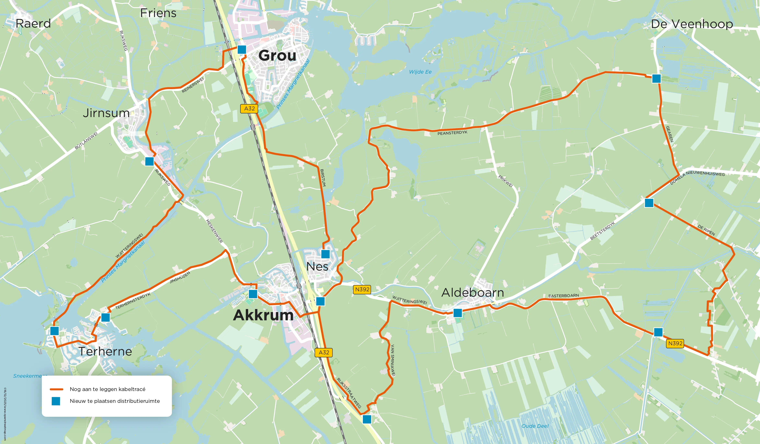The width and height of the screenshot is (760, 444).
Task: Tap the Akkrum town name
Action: [x=263, y=315]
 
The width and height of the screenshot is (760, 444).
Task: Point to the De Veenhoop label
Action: [x=692, y=24]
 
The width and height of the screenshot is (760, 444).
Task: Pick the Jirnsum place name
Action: [x=106, y=113]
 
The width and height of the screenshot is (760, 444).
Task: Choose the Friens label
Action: [x=158, y=13]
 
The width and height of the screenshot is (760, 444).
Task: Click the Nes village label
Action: [x=317, y=266]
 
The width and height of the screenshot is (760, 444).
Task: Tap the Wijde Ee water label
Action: [x=420, y=72]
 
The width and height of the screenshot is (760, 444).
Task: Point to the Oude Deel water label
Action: [x=535, y=426]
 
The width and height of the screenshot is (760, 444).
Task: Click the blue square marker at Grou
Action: [x=242, y=49]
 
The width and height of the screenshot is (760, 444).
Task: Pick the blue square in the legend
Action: [x=56, y=401]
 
